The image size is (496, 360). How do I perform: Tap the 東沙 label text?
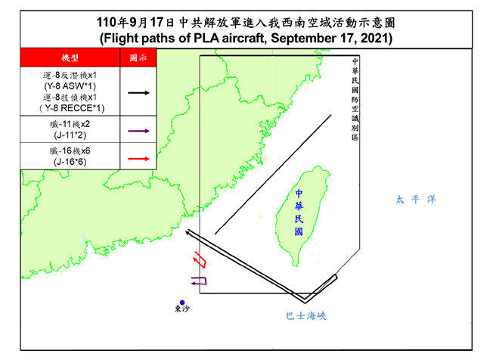181,310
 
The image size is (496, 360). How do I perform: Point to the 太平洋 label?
415,200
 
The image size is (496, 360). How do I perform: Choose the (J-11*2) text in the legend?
69,137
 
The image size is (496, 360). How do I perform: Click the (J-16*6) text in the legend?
69,162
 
